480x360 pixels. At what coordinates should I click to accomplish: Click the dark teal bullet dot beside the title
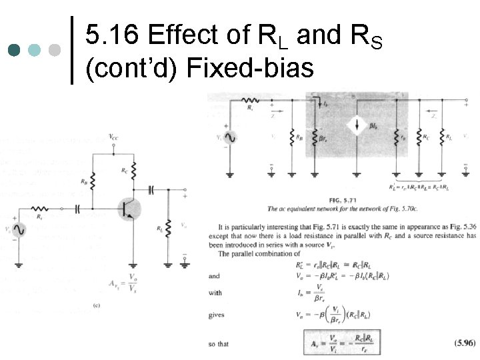pos(14,50)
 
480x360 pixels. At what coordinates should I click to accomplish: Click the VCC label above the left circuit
pos(115,137)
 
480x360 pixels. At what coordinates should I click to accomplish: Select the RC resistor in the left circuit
pos(134,169)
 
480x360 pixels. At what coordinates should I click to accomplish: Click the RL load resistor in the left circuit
pos(169,228)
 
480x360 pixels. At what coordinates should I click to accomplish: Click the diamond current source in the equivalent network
pos(357,127)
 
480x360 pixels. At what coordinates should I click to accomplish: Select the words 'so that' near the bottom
pos(219,344)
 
